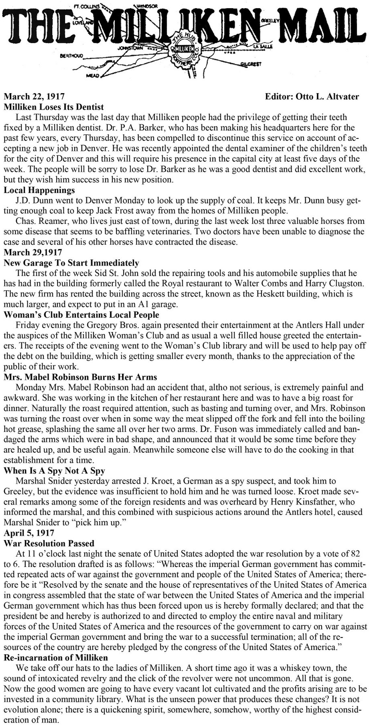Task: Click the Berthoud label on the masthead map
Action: tap(71, 56)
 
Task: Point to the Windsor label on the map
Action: tap(147, 6)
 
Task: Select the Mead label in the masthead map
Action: tap(92, 75)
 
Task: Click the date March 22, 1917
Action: tap(34, 96)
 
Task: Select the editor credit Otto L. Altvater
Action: tap(312, 96)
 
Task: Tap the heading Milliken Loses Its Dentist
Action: tap(54, 106)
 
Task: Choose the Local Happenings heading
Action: tap(39, 190)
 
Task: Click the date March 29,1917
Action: tap(34, 252)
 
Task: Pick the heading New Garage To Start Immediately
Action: tap(71, 263)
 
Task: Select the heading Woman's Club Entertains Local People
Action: tap(81, 315)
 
